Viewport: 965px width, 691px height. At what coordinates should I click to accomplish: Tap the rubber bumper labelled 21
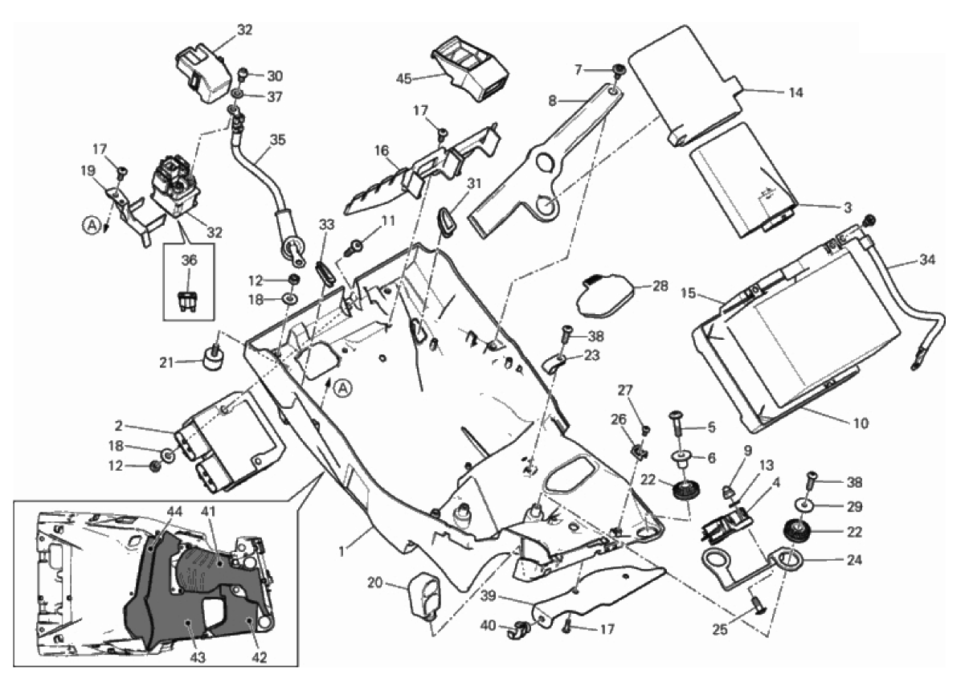(x=214, y=359)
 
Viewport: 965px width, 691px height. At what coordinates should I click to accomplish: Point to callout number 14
(x=795, y=92)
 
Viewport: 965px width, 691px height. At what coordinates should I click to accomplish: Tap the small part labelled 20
(x=425, y=595)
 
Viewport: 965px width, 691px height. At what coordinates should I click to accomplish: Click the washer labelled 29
(x=807, y=505)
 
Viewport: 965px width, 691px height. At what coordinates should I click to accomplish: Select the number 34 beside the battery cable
(x=928, y=260)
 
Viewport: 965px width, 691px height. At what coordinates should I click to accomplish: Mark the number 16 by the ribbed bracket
(x=382, y=150)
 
